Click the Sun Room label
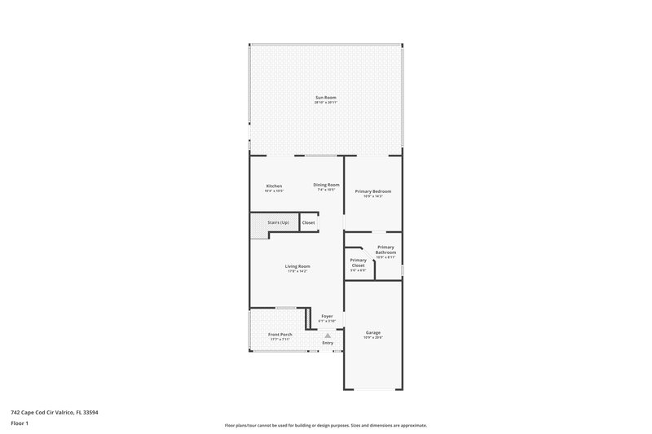[326, 97]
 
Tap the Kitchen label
[275, 186]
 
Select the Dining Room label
[326, 185]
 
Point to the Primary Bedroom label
[372, 191]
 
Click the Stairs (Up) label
[279, 222]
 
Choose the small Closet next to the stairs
[309, 222]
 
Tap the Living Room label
[297, 266]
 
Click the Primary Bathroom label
[385, 249]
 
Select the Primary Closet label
[358, 262]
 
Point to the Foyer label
[327, 316]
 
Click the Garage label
[373, 332]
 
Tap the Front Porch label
[280, 334]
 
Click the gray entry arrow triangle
[328, 335]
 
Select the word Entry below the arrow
[328, 343]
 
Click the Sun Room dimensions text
[326, 102]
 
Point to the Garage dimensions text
[373, 337]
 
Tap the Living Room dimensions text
[297, 271]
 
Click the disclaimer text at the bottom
[326, 425]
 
